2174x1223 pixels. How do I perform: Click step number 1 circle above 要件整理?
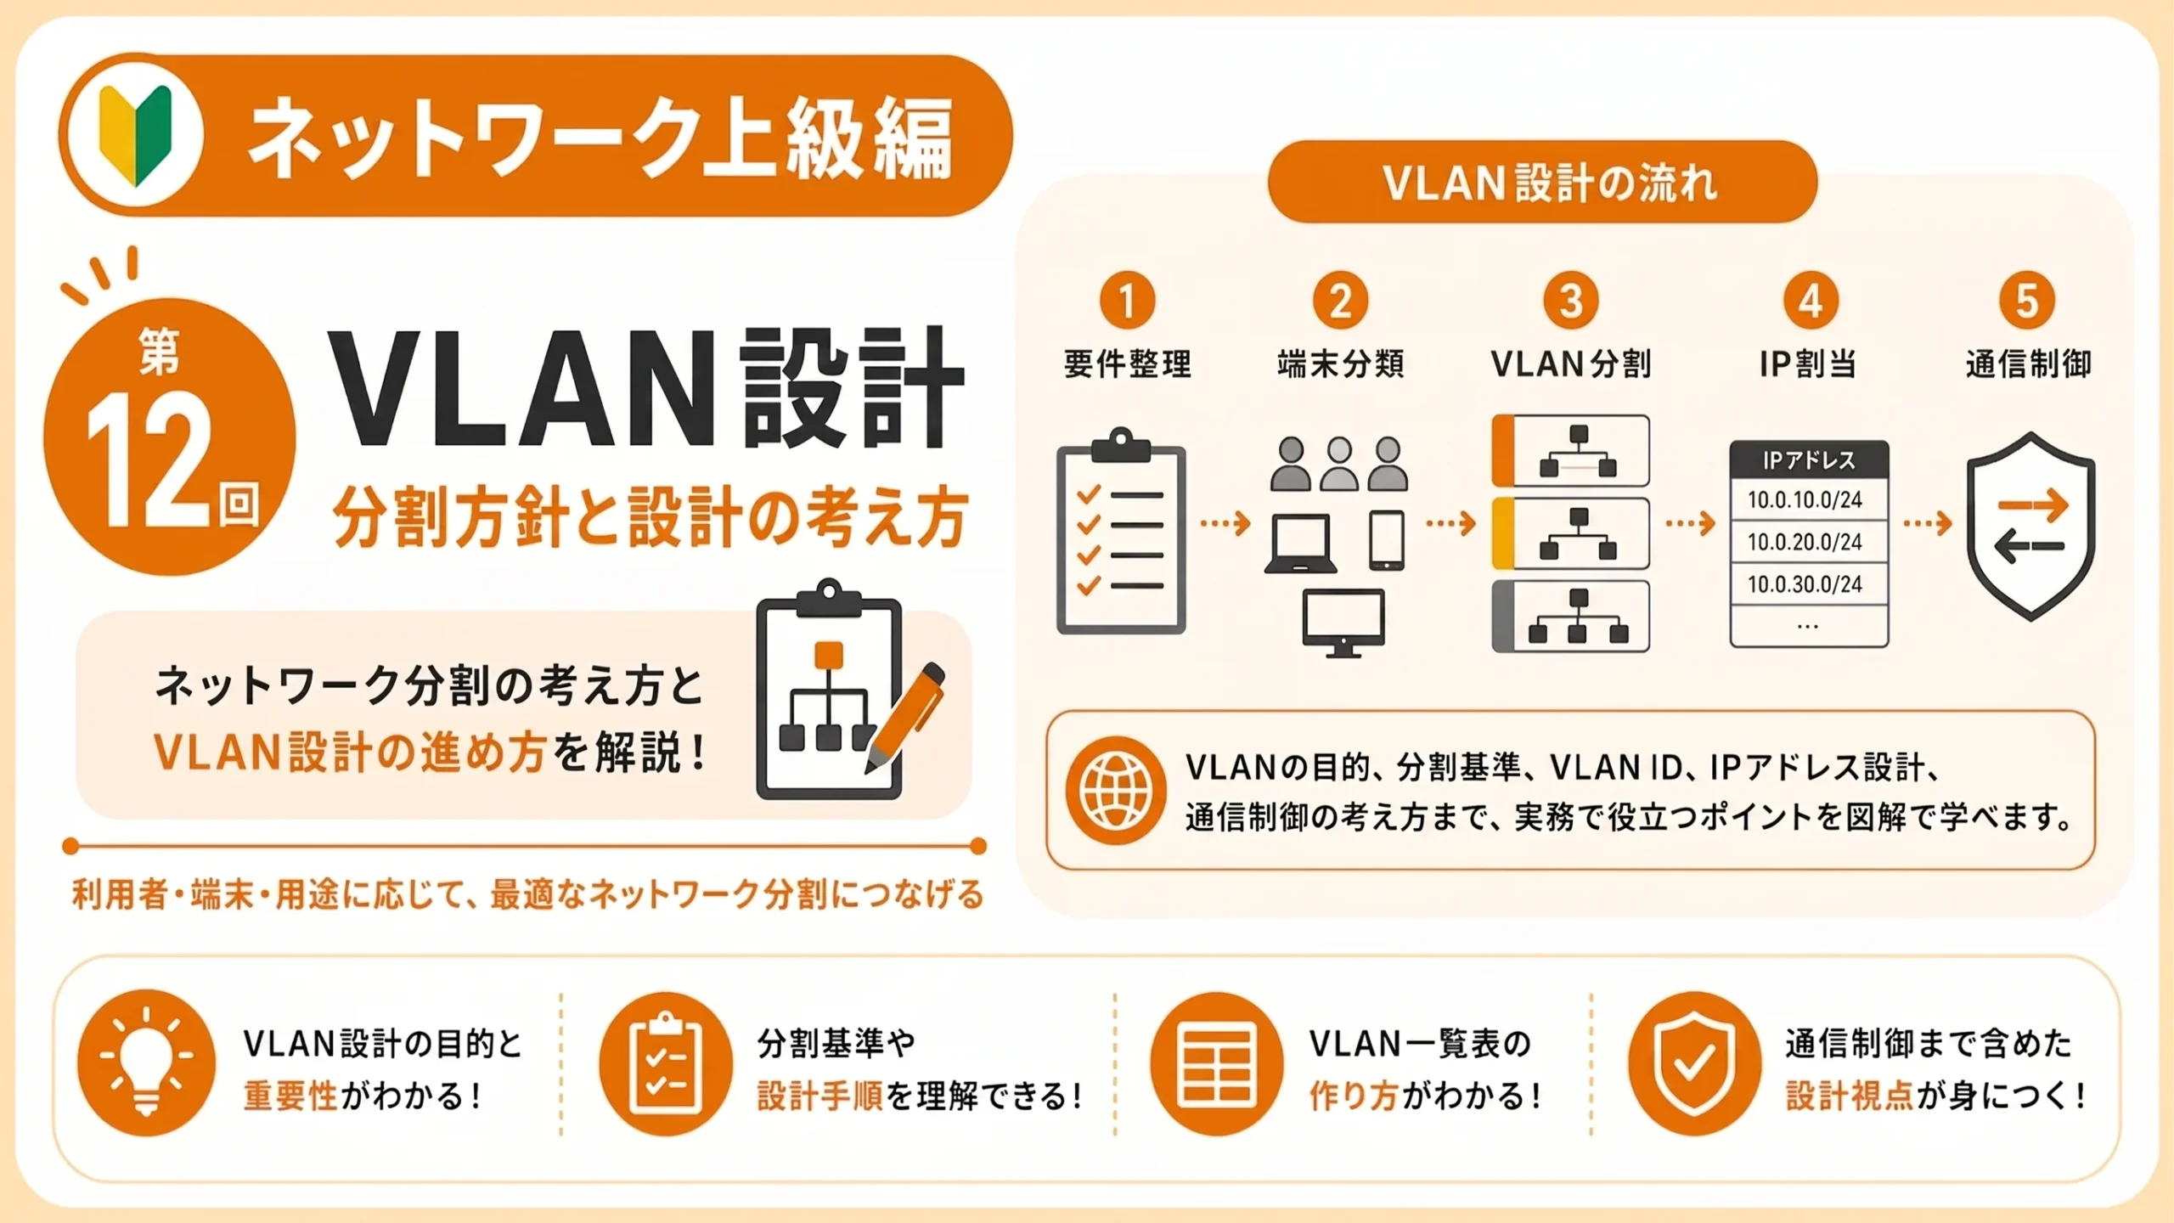1127,300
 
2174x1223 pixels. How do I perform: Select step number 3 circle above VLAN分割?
1571,300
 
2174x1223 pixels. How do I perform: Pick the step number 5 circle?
2027,300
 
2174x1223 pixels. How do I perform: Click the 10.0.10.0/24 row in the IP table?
1809,499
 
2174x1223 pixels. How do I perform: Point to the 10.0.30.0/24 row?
1809,584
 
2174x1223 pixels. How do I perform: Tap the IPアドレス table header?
1809,460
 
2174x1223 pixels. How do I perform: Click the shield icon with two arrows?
2030,527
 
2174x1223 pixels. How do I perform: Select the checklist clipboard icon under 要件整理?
1121,531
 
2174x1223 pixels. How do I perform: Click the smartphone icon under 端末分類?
1387,539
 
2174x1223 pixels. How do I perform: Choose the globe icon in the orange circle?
1115,790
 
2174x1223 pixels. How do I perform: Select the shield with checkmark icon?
1694,1063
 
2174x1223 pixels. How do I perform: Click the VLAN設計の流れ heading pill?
1542,182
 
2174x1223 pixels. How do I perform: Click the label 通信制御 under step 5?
2029,364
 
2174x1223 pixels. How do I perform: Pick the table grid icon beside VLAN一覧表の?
1217,1063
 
